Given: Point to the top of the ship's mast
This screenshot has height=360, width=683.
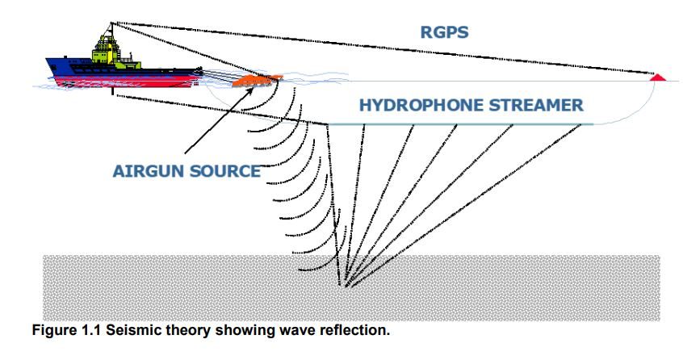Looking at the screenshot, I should pos(111,22).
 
